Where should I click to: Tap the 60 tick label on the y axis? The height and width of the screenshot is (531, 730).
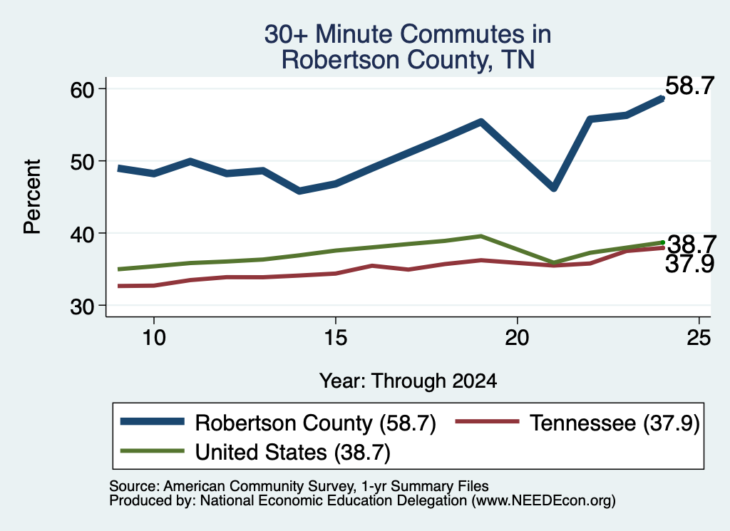point(82,89)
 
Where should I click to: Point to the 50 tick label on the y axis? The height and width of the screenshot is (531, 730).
point(82,162)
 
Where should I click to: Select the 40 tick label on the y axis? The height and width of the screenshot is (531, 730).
point(82,234)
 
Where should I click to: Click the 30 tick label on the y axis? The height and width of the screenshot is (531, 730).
point(82,306)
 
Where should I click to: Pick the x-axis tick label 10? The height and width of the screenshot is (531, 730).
point(154,337)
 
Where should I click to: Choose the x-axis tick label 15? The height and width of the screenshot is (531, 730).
point(335,337)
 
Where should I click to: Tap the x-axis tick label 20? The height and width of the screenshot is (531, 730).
point(517,337)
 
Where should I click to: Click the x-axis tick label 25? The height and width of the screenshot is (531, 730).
point(699,337)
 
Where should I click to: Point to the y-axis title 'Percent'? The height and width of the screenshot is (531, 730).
point(33,197)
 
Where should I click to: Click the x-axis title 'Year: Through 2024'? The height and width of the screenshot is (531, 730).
point(408,381)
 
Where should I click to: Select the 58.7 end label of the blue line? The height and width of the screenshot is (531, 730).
point(689,86)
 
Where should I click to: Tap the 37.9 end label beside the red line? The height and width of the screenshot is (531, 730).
point(689,264)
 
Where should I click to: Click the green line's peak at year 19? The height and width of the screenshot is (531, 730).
point(481,237)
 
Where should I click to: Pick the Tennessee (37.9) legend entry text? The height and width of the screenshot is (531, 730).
point(615,423)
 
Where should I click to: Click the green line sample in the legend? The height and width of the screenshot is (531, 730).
point(153,450)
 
